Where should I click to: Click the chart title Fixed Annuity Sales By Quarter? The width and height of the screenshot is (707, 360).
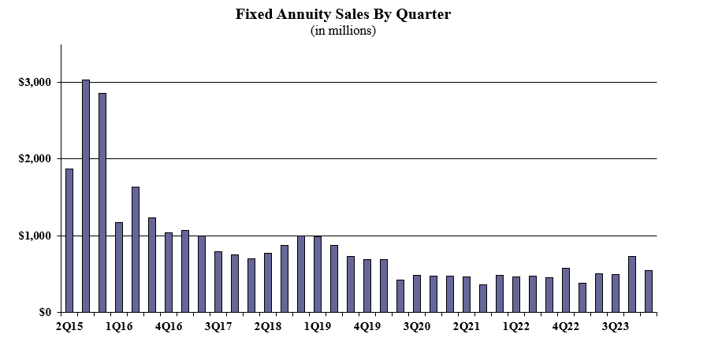343,14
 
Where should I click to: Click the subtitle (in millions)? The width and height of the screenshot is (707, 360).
343,31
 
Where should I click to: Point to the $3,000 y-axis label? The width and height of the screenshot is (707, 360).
35,83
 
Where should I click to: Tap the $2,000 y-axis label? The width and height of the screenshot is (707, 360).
35,159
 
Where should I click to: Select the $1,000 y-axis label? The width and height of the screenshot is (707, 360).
35,236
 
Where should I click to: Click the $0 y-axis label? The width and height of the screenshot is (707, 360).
45,312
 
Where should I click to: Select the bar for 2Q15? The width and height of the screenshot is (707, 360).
69,240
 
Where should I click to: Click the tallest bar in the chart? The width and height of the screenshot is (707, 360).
86,196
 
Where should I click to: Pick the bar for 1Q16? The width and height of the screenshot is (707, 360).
119,267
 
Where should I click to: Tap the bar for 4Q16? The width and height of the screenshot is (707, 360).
169,273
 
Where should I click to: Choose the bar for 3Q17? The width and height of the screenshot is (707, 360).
218,282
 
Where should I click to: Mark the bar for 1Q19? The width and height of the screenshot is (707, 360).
318,274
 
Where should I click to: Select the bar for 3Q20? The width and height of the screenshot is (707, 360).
417,294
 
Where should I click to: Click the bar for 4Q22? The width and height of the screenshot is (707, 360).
566,290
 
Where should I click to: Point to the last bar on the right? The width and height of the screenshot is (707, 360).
649,291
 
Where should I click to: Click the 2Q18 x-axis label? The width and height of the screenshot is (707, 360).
268,327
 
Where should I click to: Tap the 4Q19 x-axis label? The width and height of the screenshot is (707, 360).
367,327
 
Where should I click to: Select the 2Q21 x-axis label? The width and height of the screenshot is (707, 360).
467,327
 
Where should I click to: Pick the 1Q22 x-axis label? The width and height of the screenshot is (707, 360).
516,327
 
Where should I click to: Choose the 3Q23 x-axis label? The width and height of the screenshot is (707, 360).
616,327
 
